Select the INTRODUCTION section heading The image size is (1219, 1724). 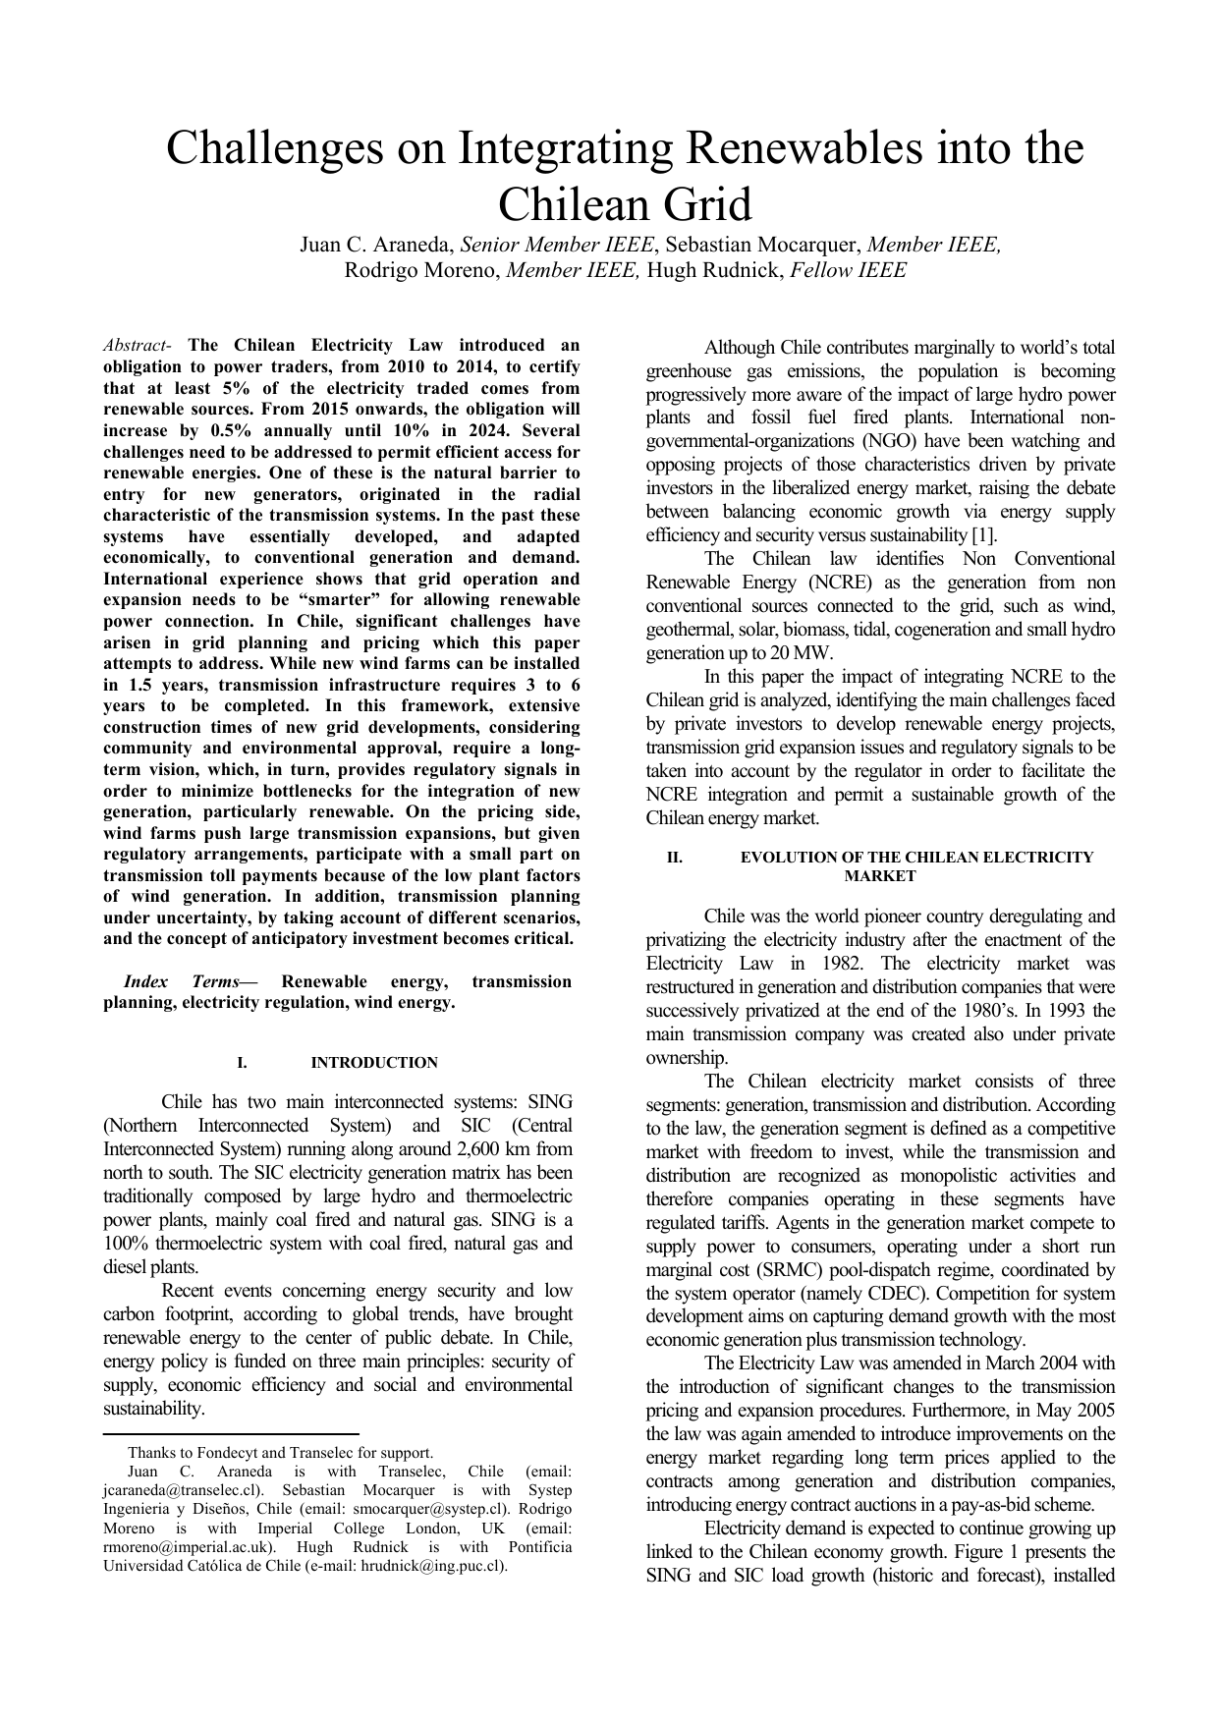click(x=374, y=1063)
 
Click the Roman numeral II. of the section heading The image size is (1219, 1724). click(x=675, y=858)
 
